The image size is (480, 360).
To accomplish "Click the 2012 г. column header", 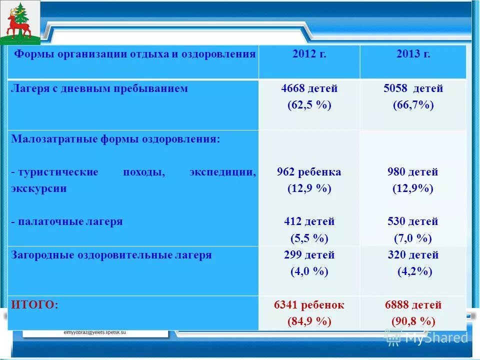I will click(309, 54).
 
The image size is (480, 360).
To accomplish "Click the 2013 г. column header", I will click(413, 54).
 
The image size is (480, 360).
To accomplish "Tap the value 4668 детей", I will click(309, 88).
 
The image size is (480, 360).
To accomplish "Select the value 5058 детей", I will click(413, 88).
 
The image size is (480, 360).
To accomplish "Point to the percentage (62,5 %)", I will click(309, 105).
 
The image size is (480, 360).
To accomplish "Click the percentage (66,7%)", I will click(413, 105).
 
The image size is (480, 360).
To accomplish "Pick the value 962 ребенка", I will click(309, 172).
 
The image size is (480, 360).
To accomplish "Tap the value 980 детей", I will click(413, 172).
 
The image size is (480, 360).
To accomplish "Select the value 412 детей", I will click(309, 221).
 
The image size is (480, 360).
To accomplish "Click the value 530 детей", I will click(413, 221).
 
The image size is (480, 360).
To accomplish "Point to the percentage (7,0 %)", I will click(413, 238).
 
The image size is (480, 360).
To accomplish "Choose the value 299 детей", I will click(309, 255).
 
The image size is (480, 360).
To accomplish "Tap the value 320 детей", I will click(413, 255).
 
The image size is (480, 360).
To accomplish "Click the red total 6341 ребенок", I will click(309, 305).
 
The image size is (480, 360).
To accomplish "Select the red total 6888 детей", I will click(413, 305).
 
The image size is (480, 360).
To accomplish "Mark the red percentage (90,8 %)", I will click(413, 321).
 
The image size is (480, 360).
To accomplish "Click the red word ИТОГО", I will click(34, 304).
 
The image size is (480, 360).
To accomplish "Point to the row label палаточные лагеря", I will click(67, 221).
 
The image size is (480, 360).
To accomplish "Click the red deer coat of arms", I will click(19, 22).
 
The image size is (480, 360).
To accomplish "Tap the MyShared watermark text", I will click(435, 338).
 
